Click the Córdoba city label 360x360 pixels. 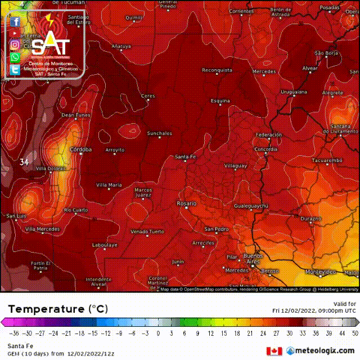(x=80, y=150)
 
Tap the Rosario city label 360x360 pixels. (x=186, y=203)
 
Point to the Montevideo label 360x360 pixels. (x=322, y=272)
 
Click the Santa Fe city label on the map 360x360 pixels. (x=186, y=156)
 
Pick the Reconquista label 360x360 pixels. (x=217, y=70)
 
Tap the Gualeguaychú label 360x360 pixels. (x=251, y=206)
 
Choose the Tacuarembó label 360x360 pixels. (x=327, y=160)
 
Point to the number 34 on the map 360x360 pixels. (x=24, y=162)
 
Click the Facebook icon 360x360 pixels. (x=15, y=21)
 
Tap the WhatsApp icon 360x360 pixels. (x=15, y=57)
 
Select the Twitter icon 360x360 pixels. (x=15, y=70)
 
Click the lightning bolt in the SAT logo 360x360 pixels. (x=50, y=21)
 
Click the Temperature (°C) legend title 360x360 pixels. (x=58, y=309)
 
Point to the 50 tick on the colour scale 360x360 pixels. (x=354, y=333)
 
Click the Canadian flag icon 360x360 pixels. (x=274, y=351)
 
